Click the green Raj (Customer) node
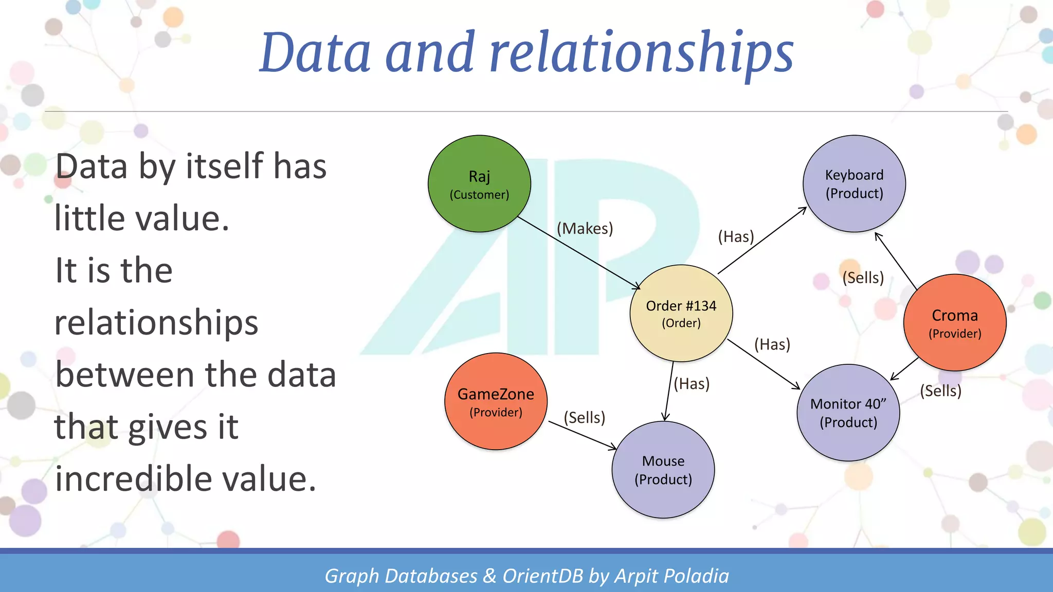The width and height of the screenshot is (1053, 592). [479, 184]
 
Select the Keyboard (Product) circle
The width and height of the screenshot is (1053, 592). [854, 184]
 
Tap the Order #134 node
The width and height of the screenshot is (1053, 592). [681, 313]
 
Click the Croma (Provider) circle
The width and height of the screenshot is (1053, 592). [955, 323]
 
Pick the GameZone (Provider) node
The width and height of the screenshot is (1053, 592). [496, 401]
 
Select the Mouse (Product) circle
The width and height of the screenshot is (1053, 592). [663, 469]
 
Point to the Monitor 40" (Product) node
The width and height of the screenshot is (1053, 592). [848, 413]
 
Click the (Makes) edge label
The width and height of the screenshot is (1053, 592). [585, 228]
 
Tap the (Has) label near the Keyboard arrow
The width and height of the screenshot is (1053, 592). [736, 236]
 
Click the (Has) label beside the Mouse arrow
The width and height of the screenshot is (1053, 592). [692, 383]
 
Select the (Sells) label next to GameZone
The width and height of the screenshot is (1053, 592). [584, 417]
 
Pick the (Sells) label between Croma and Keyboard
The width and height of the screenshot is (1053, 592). [863, 277]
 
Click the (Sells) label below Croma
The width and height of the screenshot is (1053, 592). [940, 391]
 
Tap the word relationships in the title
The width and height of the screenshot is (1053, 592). [641, 52]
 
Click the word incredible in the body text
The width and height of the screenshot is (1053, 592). [133, 478]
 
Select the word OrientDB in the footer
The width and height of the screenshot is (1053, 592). [542, 576]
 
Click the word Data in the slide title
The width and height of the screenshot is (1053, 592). [315, 52]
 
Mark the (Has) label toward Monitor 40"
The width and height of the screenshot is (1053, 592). [772, 344]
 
